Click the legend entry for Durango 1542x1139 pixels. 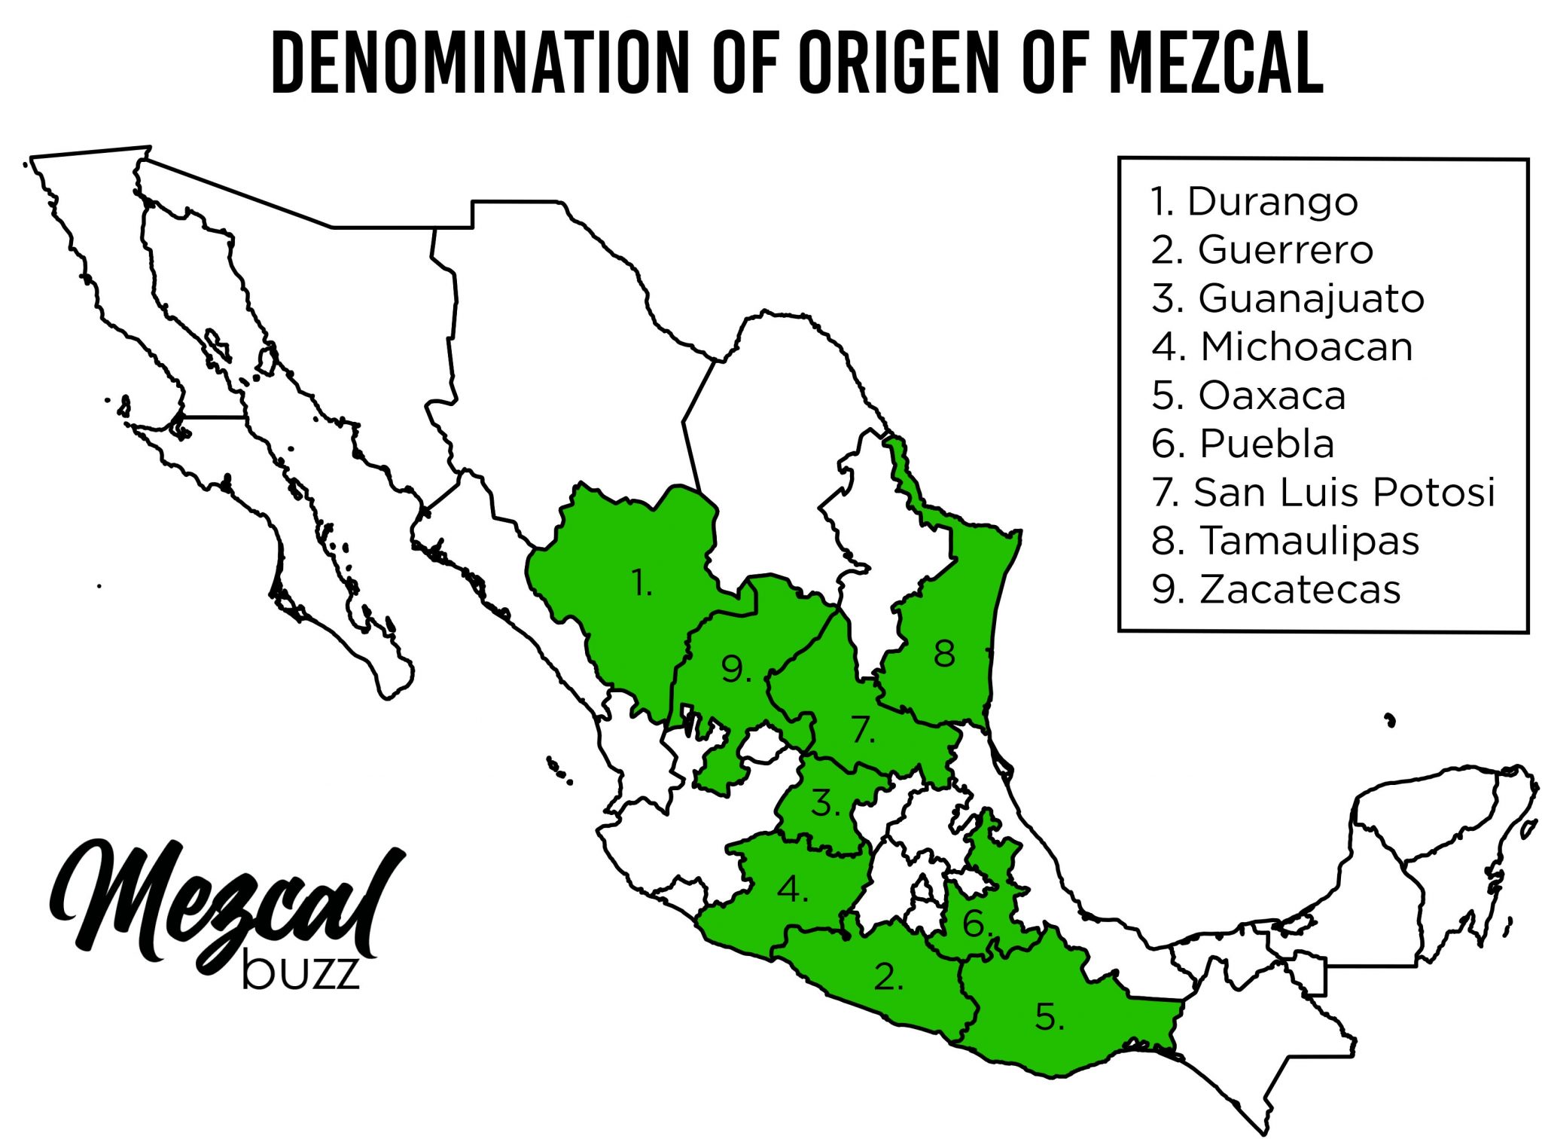click(x=1254, y=202)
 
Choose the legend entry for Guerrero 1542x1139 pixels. click(x=1263, y=250)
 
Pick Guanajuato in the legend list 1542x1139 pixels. click(x=1288, y=298)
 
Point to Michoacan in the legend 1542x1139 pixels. click(x=1282, y=347)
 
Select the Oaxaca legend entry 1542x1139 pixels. click(x=1248, y=395)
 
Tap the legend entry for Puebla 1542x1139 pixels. click(x=1243, y=444)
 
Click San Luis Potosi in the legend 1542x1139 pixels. click(x=1323, y=492)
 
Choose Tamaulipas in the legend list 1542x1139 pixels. click(x=1285, y=541)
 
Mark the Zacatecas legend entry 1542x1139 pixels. click(x=1276, y=589)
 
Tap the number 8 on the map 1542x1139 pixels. click(x=944, y=653)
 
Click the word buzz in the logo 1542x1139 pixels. click(x=300, y=973)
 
